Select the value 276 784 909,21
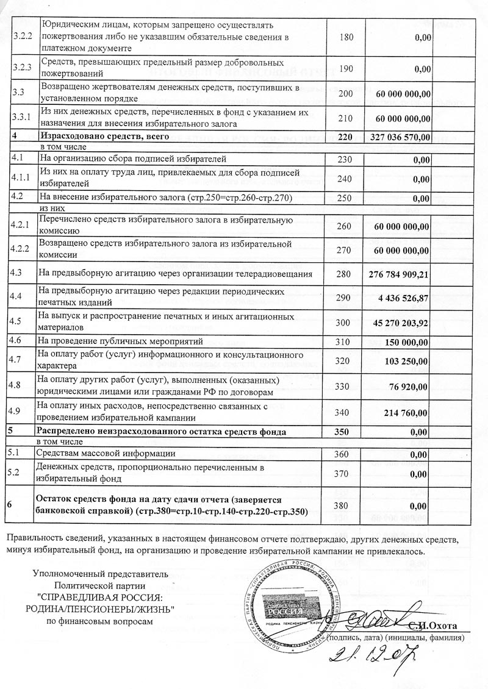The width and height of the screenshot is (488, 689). click(400, 274)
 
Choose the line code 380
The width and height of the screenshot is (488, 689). click(345, 505)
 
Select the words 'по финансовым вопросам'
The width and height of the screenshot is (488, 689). click(97, 621)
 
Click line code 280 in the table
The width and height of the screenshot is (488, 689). click(345, 274)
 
